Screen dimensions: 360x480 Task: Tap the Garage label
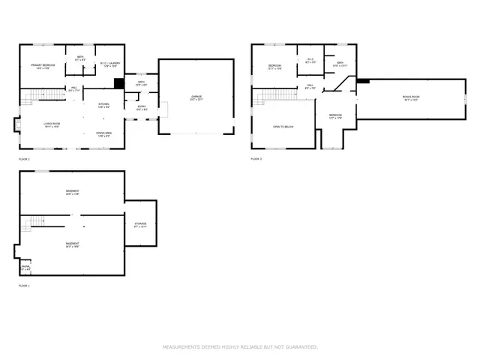pos(197,97)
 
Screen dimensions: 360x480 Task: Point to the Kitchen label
pos(104,105)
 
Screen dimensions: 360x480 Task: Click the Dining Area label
pos(104,135)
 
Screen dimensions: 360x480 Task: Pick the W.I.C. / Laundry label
pos(109,65)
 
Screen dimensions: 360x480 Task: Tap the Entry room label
pos(141,109)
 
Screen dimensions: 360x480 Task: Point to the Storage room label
pos(140,226)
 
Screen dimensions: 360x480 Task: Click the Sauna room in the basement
pos(25,268)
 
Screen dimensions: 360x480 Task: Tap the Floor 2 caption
pos(25,160)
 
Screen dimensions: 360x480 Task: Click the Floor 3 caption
pos(256,159)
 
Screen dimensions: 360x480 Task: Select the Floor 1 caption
pos(25,286)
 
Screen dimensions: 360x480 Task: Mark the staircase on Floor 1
pos(34,223)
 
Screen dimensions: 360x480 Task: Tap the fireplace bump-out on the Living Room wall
pos(17,126)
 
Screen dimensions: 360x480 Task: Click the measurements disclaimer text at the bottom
pos(240,347)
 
